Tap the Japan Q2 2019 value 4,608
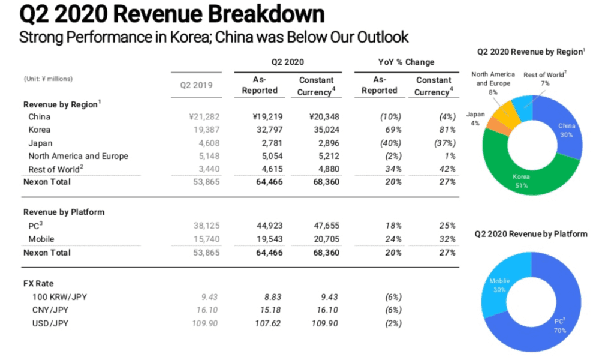pos(206,143)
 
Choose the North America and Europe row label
pos(78,156)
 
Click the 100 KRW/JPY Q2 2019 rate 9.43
pos(210,297)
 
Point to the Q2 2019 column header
pos(197,85)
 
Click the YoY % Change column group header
pos(405,62)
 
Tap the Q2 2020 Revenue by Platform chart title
pos(531,233)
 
